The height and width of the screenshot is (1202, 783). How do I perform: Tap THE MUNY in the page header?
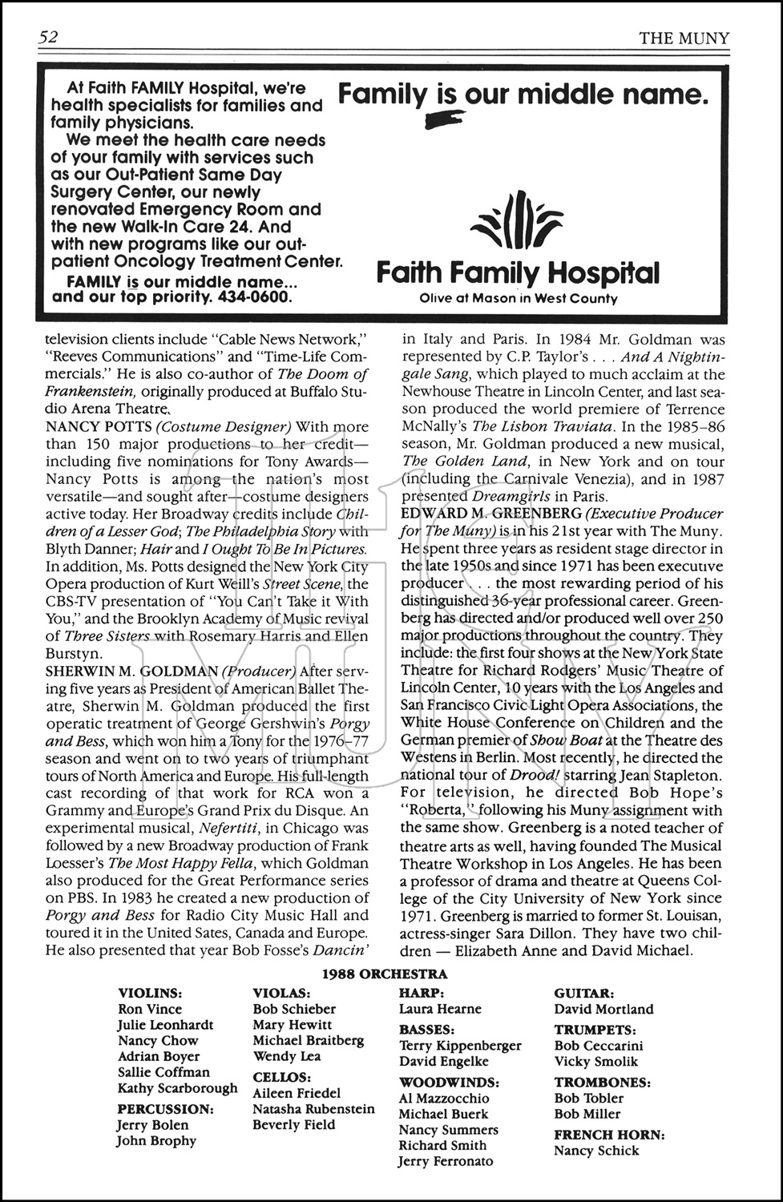(684, 38)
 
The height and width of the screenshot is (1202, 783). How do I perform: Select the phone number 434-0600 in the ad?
(254, 296)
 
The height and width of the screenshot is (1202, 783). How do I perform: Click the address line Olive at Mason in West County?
(519, 299)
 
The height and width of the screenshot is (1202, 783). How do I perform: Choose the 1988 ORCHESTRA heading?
(385, 974)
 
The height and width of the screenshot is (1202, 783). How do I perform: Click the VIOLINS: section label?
(150, 994)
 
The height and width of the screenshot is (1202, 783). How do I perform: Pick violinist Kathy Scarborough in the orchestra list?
(177, 1088)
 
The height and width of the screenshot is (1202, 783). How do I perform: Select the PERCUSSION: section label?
(165, 1109)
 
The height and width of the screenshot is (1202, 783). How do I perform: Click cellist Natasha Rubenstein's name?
(313, 1109)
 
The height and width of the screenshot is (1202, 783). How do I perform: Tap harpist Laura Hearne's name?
(440, 1010)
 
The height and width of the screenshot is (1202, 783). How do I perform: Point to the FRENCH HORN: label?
(609, 1135)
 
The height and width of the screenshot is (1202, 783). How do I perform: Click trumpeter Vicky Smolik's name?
(595, 1062)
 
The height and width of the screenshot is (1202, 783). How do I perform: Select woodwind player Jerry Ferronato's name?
(446, 1161)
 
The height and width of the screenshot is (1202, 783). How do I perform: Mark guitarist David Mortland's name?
(603, 1010)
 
